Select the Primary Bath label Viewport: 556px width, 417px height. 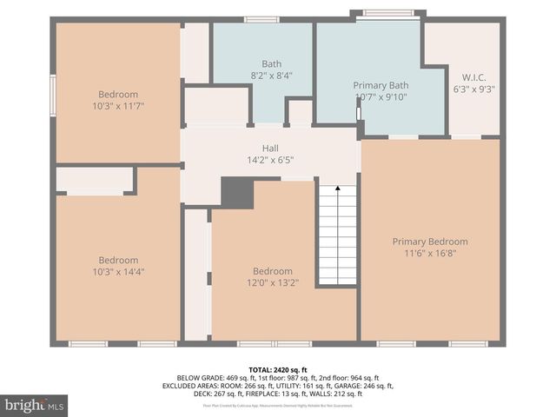tap(381, 85)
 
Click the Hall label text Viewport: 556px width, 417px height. tap(270, 149)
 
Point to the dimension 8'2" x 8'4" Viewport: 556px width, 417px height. tap(271, 76)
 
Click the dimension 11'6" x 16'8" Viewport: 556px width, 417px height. tap(429, 254)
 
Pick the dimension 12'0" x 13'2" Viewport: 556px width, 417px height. tap(273, 283)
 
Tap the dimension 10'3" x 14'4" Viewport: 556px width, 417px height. tap(118, 272)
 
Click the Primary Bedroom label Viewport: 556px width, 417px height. tap(429, 242)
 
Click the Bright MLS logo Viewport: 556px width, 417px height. tap(35, 405)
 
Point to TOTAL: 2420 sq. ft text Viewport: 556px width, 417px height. tap(277, 369)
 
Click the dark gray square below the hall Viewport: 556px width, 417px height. tap(236, 193)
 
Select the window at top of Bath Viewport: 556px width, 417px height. tap(261, 19)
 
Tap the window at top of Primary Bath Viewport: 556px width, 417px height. tap(387, 13)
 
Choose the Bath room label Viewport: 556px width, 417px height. tap(271, 63)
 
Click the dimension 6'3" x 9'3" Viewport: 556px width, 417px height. tap(474, 89)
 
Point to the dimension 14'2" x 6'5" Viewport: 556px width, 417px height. tap(270, 160)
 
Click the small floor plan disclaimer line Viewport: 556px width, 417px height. tap(277, 405)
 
